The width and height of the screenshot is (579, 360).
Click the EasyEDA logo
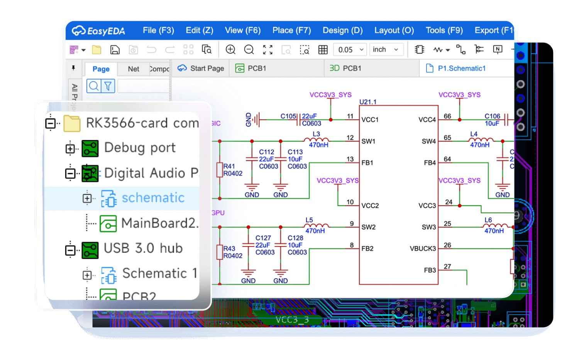coord(98,30)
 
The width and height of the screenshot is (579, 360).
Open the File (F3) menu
coord(158,30)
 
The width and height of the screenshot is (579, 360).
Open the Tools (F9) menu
coord(444,30)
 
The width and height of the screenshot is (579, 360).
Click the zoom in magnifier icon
coord(230,49)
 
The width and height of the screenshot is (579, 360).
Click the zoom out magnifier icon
coord(249,49)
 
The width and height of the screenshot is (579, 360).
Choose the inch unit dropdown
coord(385,49)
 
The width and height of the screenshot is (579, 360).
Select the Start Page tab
coord(201,68)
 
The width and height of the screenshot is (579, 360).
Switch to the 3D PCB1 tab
coord(345,68)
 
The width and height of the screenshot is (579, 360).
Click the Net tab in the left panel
coord(134,69)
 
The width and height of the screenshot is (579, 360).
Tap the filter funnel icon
coord(108,86)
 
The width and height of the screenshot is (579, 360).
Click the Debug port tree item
coord(140,148)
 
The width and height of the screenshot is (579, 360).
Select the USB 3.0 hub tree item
coord(143,248)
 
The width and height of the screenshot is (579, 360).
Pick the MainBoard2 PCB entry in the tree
coord(159,223)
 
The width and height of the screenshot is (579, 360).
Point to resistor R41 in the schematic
coord(220,170)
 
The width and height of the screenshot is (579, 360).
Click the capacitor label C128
coord(295,238)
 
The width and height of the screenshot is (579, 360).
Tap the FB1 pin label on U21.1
coord(367,163)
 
